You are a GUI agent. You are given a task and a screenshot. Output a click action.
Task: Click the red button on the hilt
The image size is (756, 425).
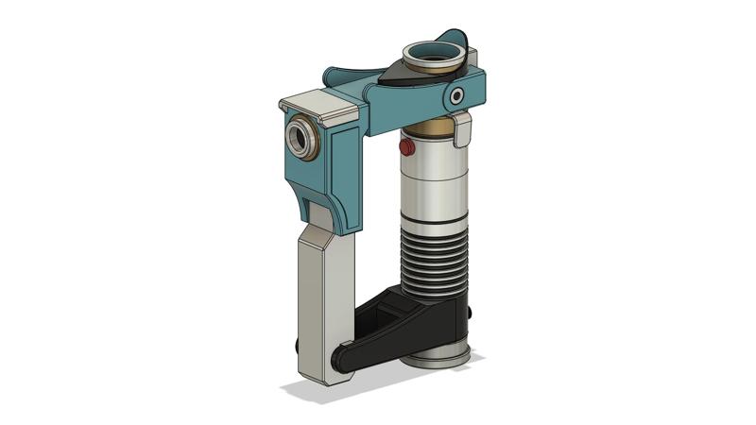(x=406, y=148)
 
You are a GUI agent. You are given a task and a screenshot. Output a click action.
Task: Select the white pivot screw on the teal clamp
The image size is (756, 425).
(x=458, y=95)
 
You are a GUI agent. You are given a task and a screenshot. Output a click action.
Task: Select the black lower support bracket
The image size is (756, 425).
(x=416, y=321)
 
